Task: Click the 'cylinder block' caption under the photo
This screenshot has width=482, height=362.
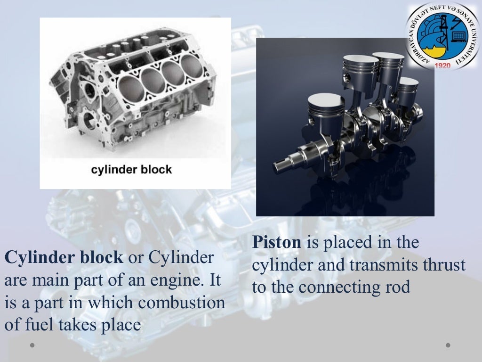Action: tap(131, 169)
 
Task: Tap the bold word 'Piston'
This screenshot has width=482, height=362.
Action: tap(276, 243)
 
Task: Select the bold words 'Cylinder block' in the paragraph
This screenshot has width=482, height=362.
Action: tap(64, 258)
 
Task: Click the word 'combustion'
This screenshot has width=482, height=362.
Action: tap(187, 303)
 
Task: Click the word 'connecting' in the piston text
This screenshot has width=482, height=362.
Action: tap(340, 287)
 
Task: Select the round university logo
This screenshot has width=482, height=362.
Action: tap(442, 36)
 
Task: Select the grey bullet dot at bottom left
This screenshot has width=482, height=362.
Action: tap(32, 346)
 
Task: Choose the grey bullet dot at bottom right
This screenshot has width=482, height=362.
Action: tap(448, 346)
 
